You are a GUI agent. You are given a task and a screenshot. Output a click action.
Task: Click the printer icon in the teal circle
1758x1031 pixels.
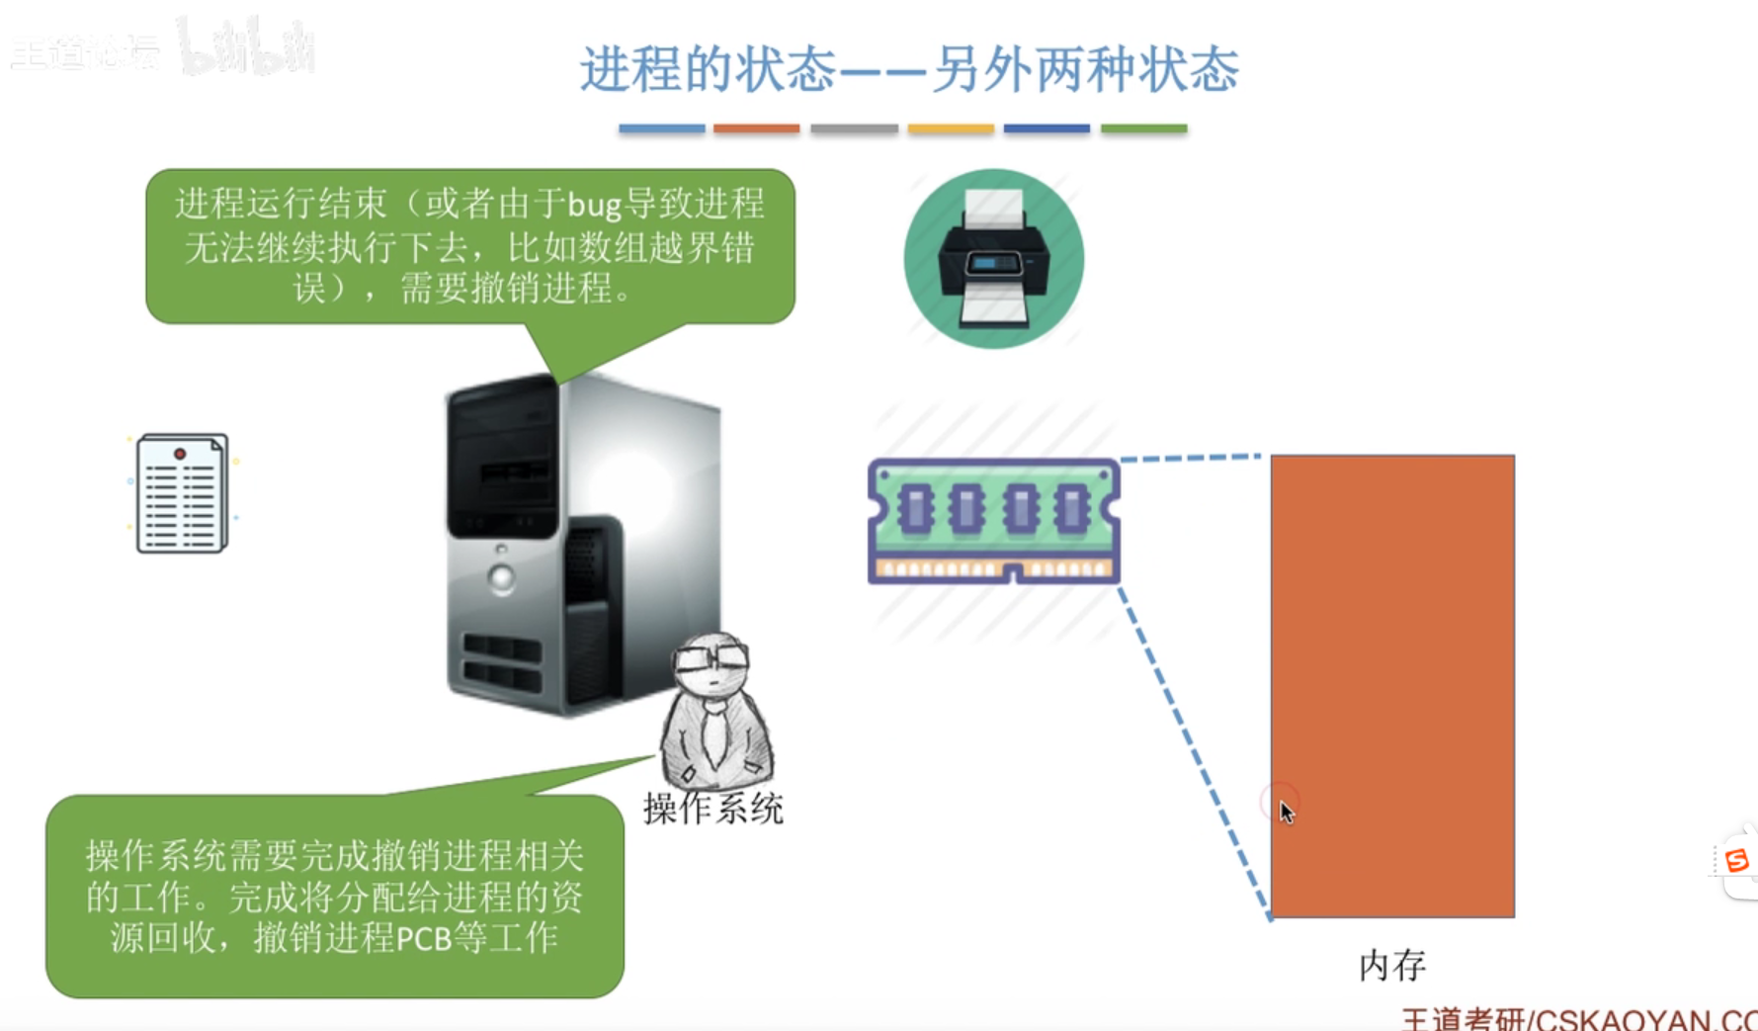[x=993, y=259]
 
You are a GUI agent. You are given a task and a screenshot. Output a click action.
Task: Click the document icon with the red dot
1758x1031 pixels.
[x=182, y=493]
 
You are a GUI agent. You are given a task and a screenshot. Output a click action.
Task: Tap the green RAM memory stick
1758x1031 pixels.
[x=993, y=520]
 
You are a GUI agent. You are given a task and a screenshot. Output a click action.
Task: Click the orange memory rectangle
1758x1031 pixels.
[x=1391, y=685]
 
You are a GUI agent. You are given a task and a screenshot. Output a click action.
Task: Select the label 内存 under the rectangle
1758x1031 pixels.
[x=1391, y=965]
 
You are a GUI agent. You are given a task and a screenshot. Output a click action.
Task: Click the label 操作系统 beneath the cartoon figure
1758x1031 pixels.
[x=712, y=809]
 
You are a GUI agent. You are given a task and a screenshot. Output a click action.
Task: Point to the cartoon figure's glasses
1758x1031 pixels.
[x=713, y=655]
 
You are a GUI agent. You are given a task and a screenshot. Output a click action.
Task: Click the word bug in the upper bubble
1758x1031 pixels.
[x=594, y=205]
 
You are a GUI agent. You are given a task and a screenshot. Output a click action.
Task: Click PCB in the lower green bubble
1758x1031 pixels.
[x=424, y=937]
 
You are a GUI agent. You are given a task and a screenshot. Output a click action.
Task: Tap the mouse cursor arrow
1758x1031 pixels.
[x=1286, y=812]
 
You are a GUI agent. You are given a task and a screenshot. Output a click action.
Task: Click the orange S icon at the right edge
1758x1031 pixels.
[x=1736, y=860]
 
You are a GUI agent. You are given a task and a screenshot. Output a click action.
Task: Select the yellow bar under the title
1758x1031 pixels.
[x=950, y=129]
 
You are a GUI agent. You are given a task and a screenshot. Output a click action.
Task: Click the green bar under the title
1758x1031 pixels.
[x=1143, y=129]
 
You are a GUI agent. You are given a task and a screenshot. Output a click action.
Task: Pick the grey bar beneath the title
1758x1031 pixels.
[x=854, y=129]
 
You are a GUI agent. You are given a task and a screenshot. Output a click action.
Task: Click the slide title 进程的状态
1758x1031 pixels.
[x=707, y=69]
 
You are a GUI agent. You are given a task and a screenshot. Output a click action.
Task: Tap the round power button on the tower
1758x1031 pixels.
[x=502, y=578]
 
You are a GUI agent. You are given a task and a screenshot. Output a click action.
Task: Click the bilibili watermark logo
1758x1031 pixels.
[x=247, y=47]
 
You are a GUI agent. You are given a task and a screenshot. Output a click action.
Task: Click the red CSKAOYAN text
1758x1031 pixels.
[x=1640, y=1019]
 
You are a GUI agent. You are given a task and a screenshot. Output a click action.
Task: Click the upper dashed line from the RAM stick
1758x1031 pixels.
[x=1191, y=458]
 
